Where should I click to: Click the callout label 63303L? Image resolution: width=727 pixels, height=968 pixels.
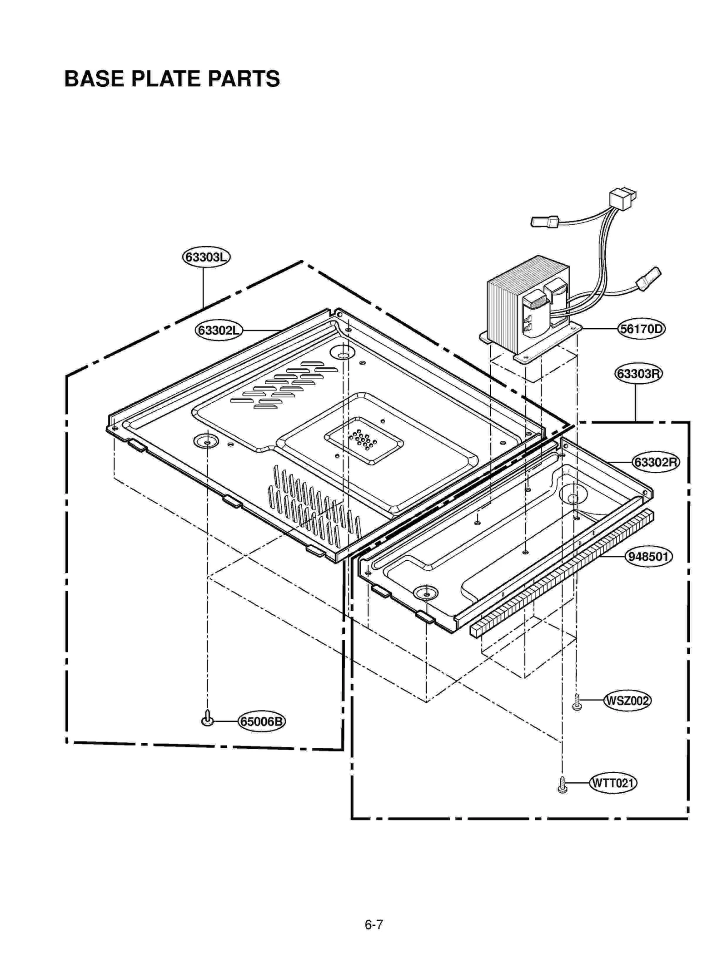[x=206, y=257]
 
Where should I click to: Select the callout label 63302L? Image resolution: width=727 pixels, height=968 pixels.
[x=219, y=330]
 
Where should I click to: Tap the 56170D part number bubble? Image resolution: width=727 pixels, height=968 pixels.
[x=641, y=328]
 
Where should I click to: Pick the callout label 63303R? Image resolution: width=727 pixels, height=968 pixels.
[x=638, y=373]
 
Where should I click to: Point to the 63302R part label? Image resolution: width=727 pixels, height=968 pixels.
[x=656, y=462]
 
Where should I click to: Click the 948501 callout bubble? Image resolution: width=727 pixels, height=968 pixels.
[x=648, y=556]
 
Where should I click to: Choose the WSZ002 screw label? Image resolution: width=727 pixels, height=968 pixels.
[x=627, y=700]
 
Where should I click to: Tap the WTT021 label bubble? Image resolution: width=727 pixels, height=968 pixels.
[x=612, y=783]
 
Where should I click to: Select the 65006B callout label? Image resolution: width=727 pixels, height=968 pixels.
[x=261, y=721]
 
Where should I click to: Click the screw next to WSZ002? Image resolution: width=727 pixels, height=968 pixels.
[x=577, y=701]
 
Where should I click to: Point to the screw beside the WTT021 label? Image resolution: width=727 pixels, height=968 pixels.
[x=562, y=785]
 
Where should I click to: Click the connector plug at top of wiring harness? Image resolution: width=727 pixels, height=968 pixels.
[x=622, y=198]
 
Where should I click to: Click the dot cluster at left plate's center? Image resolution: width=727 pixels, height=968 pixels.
[x=363, y=440]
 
